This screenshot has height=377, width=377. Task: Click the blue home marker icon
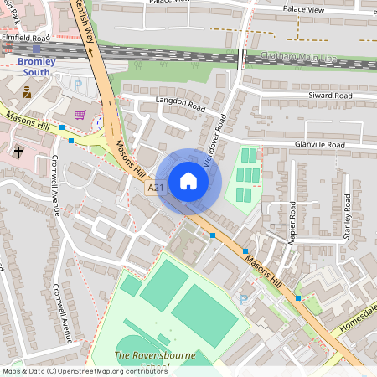click(x=188, y=181)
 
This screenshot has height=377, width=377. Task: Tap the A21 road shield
click(x=156, y=188)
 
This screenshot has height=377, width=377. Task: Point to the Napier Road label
click(x=292, y=222)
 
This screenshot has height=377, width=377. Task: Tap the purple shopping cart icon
click(x=80, y=115)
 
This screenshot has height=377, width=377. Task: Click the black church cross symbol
click(x=18, y=151)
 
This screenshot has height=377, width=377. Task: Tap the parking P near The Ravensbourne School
click(x=245, y=299)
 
